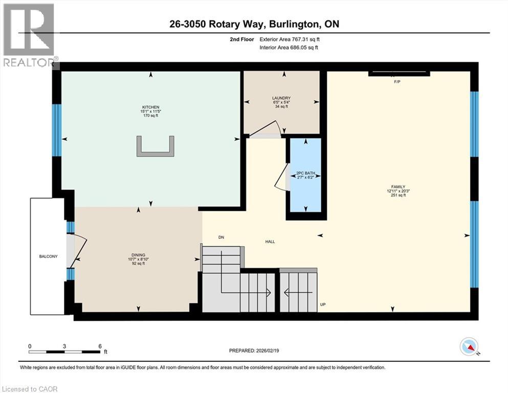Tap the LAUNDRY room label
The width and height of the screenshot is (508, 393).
pyautogui.click(x=281, y=98)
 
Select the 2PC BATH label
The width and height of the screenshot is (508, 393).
pyautogui.click(x=305, y=173)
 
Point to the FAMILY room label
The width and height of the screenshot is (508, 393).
pyautogui.click(x=399, y=187)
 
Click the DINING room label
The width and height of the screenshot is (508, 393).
pyautogui.click(x=138, y=254)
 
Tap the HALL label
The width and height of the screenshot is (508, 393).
pyautogui.click(x=270, y=241)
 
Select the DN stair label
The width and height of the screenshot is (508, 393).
pyautogui.click(x=221, y=237)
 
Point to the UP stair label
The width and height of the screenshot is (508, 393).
pyautogui.click(x=323, y=304)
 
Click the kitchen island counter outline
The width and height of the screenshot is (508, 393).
pyautogui.click(x=156, y=148)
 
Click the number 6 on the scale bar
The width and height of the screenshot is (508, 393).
pyautogui.click(x=99, y=346)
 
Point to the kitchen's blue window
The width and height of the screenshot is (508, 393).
pyautogui.click(x=57, y=130)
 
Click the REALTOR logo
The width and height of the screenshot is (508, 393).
pyautogui.click(x=29, y=35)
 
